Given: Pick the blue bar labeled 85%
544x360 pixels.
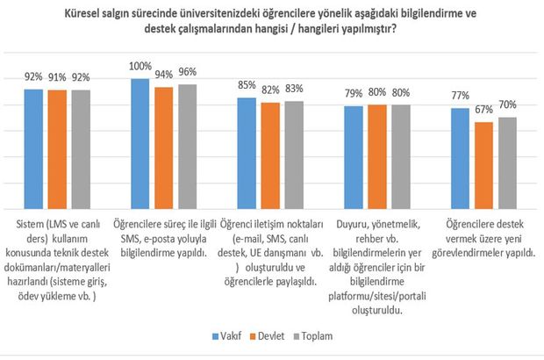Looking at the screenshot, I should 247,153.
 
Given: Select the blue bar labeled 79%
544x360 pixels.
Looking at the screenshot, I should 353,157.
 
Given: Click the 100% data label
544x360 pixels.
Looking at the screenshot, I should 139,67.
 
